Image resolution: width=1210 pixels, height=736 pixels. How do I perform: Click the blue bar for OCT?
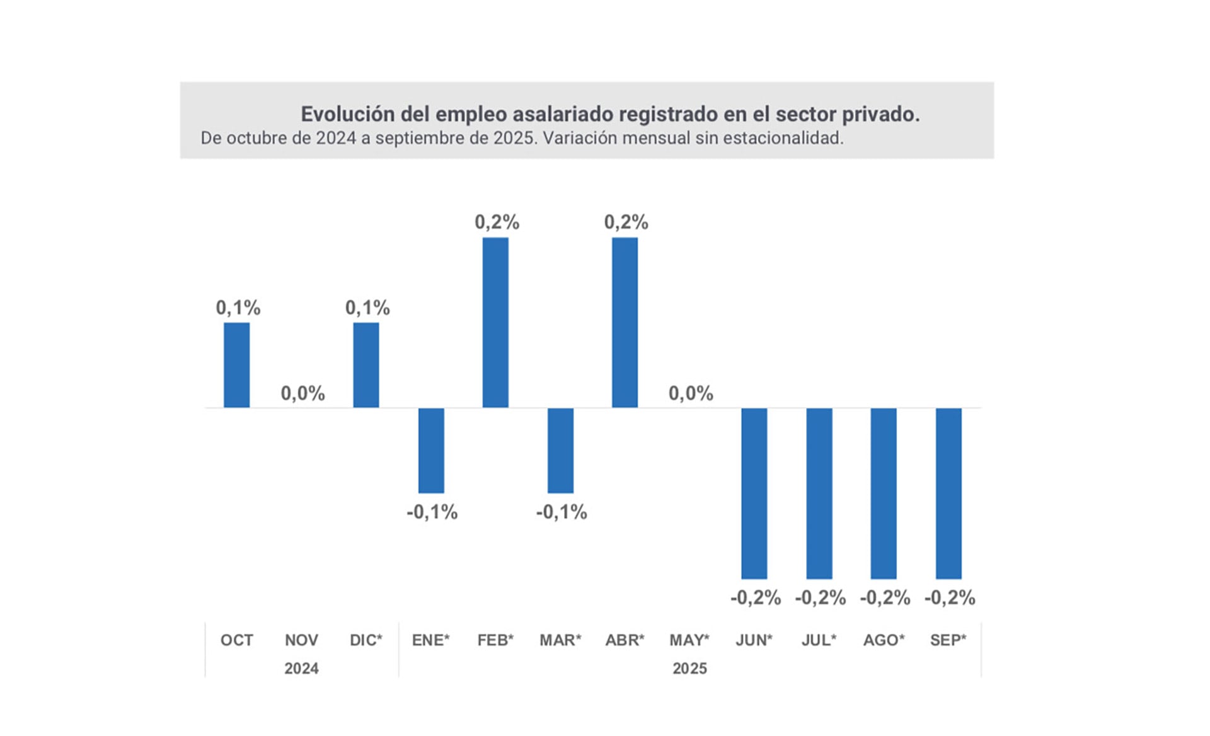coord(236,365)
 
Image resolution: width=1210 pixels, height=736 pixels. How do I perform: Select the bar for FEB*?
coord(495,322)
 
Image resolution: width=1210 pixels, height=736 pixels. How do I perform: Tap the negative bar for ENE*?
coord(431,450)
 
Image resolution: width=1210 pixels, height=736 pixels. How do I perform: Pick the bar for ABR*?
coord(625,322)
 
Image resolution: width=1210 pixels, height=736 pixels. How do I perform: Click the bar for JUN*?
coord(754,493)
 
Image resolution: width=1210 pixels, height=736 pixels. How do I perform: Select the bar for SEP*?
coord(948,493)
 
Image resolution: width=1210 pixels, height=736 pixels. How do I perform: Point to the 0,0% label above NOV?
coord(302,394)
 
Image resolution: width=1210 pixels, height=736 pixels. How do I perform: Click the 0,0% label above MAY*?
coord(691,394)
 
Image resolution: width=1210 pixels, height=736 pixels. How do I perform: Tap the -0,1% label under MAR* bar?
coord(561,512)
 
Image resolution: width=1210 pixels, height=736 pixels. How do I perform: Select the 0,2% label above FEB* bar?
coord(497,222)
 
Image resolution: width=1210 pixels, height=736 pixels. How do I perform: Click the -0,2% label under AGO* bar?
coord(885,598)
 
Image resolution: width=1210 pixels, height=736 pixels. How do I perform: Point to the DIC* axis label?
coord(366,640)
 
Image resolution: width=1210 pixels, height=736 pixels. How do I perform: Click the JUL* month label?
coord(819,640)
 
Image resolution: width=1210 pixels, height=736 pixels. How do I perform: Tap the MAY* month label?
coord(689,640)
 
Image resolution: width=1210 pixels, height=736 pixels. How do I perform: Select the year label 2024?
coord(301,669)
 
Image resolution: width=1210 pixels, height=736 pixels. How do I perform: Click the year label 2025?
coord(689,669)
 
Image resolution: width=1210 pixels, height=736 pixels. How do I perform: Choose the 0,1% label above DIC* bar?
coord(367,308)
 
